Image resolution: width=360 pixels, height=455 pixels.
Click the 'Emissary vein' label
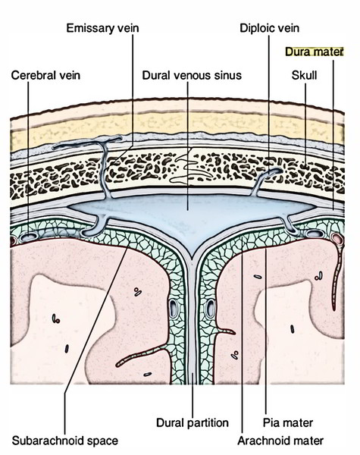click(x=102, y=28)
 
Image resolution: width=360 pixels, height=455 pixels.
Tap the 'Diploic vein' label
click(x=269, y=28)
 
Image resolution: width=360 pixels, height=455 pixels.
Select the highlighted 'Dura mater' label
click(x=315, y=52)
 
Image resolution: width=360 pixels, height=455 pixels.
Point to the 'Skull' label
click(x=304, y=75)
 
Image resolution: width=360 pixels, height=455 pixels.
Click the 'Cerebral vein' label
click(x=45, y=75)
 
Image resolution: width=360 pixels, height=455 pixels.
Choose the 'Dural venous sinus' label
click(x=192, y=75)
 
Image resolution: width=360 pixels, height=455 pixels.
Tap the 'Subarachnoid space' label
click(x=65, y=441)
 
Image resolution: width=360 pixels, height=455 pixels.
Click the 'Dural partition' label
click(x=193, y=422)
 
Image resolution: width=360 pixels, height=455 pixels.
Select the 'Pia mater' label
click(x=288, y=422)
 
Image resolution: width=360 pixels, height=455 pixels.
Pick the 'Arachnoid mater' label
click(x=280, y=441)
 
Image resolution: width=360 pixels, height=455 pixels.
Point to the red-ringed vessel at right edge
click(x=337, y=239)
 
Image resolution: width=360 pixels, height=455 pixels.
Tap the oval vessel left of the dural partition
click(x=174, y=309)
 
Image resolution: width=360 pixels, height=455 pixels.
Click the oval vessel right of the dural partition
click(x=210, y=309)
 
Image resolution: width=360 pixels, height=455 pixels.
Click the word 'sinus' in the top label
click(x=228, y=75)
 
